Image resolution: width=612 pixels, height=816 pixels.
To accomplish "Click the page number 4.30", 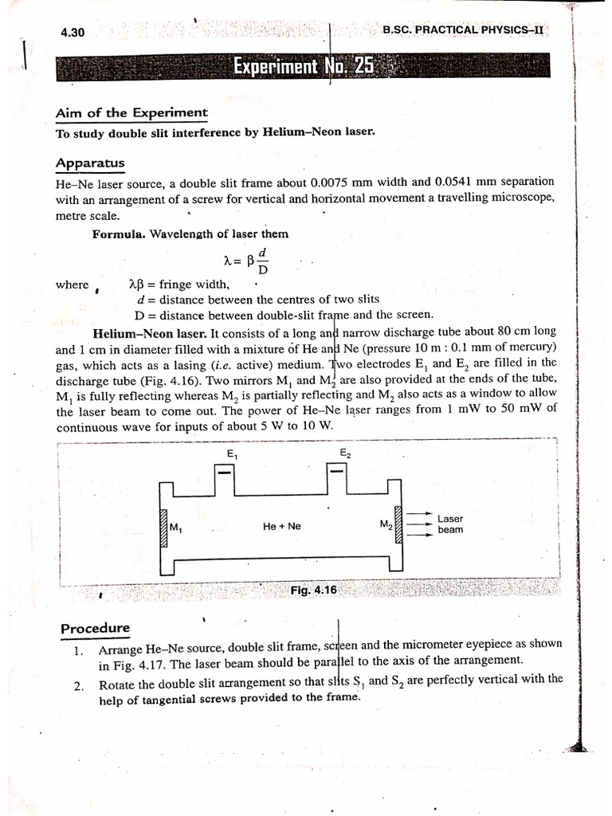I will coord(73,33).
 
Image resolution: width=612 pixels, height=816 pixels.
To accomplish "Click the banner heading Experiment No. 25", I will coord(303,66).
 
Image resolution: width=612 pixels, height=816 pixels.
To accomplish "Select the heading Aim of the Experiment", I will coord(131,113).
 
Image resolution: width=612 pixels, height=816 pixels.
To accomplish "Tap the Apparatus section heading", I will coord(89,163).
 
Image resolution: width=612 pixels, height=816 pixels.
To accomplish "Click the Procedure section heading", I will coord(95,628).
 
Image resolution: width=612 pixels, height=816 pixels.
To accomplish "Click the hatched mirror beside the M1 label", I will coord(163,528).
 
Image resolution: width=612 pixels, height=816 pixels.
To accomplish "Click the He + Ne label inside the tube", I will coord(281,526).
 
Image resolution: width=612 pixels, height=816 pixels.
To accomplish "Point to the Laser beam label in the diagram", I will coord(450,524).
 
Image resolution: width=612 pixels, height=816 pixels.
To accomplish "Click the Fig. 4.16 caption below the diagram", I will coord(314,590).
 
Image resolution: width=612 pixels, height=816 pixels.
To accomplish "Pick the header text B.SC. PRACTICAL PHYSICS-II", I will coord(462,29).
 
